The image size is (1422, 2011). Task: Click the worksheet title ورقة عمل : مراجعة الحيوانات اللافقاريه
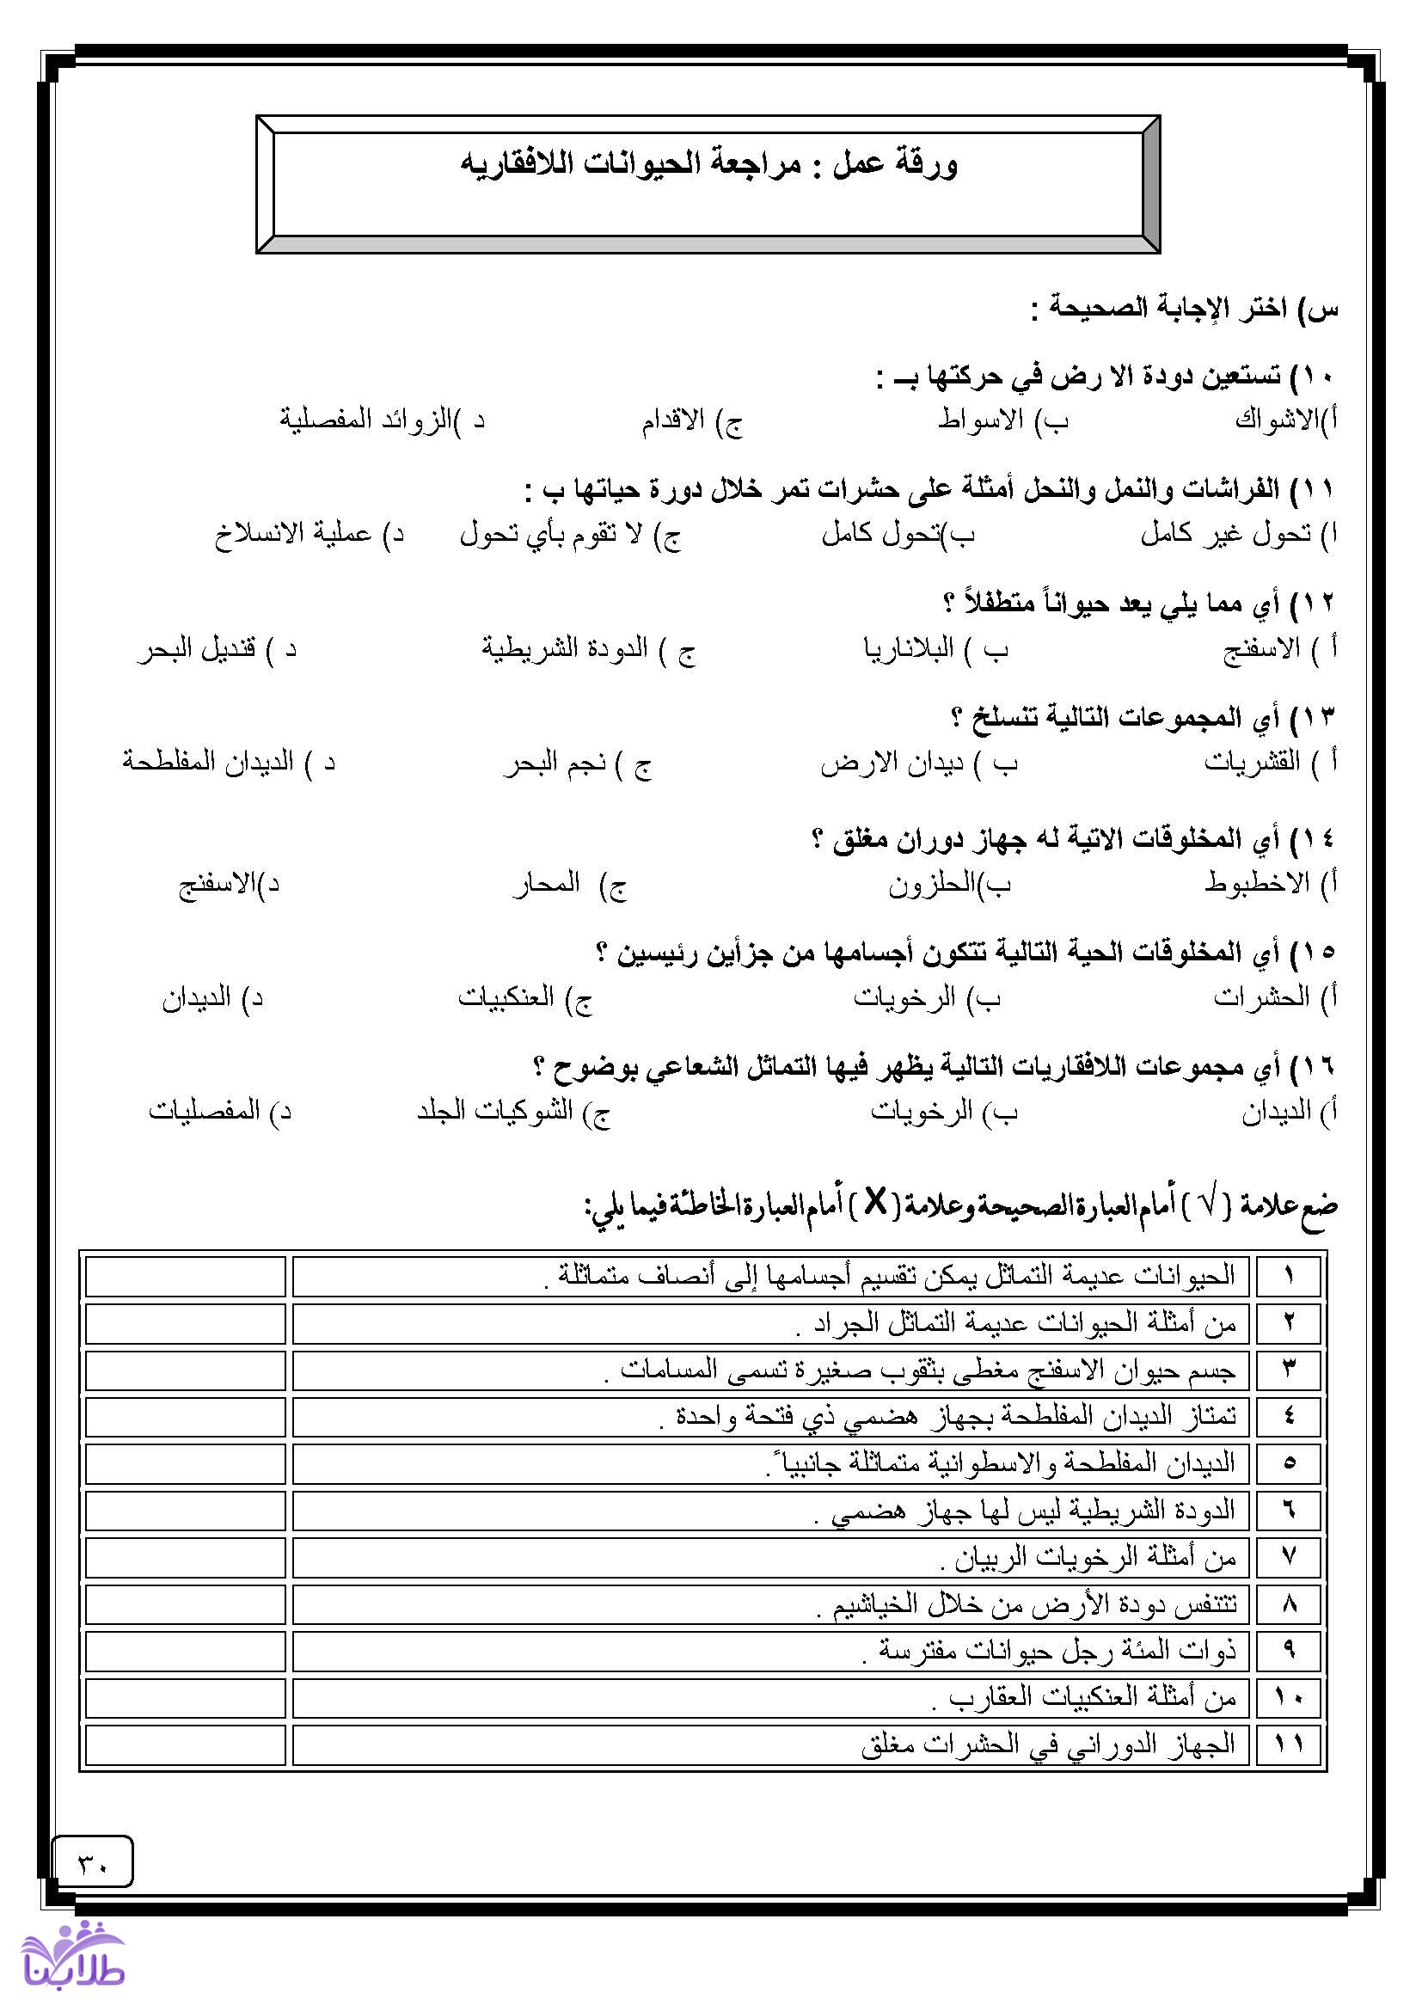point(709,166)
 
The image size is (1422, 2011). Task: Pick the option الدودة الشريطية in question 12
point(565,649)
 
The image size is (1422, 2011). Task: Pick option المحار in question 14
point(548,883)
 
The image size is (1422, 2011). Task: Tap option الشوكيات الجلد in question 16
point(494,1111)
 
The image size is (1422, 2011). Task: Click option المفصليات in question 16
point(205,1111)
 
